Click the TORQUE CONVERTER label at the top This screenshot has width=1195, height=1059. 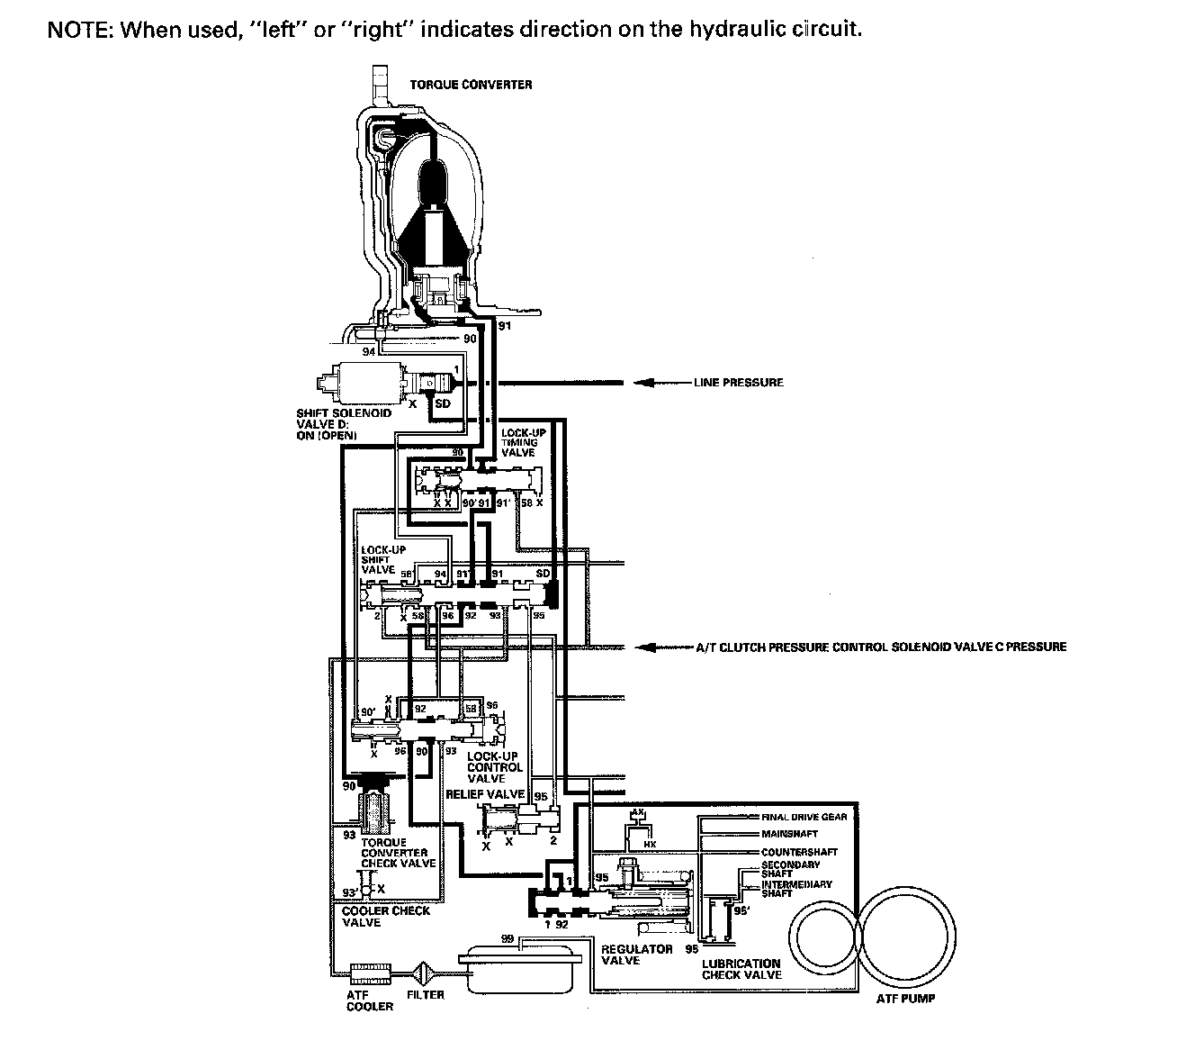(483, 85)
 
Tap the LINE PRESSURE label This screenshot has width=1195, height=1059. (738, 383)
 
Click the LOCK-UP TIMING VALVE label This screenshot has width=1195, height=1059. (519, 443)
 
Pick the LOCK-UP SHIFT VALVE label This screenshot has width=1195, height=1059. (378, 559)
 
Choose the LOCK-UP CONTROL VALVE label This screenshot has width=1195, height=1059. (494, 767)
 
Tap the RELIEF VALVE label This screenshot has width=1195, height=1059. (485, 794)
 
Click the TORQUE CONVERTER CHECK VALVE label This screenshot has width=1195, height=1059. (398, 853)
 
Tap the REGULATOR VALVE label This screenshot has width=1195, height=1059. (636, 955)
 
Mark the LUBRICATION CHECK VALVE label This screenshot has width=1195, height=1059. (741, 968)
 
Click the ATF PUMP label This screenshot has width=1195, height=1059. (905, 998)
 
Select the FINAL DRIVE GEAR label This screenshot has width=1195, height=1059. (804, 817)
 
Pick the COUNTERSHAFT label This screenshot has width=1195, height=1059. (799, 852)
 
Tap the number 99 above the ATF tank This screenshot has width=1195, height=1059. (508, 939)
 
